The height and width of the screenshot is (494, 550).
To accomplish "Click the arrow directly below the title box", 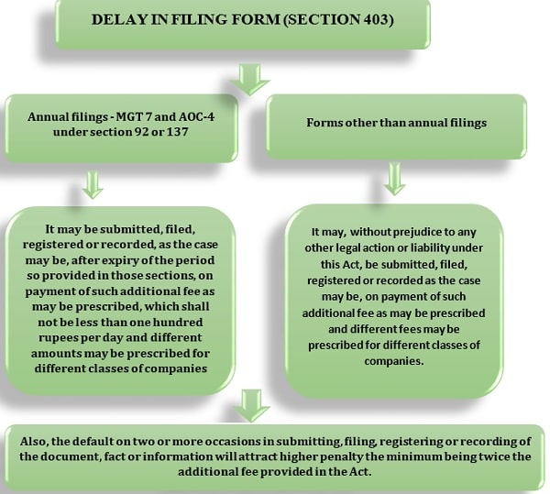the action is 249,79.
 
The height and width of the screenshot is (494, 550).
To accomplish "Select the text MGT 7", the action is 135,116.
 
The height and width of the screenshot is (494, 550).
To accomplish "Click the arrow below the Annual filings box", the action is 93,185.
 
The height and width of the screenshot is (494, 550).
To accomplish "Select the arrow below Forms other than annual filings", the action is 395,179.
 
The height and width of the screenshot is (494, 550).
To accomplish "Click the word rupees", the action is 59,338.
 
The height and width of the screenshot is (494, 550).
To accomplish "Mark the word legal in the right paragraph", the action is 347,247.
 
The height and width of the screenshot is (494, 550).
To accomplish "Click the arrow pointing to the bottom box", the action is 252,406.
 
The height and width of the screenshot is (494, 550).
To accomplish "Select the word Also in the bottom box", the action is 33,442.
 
